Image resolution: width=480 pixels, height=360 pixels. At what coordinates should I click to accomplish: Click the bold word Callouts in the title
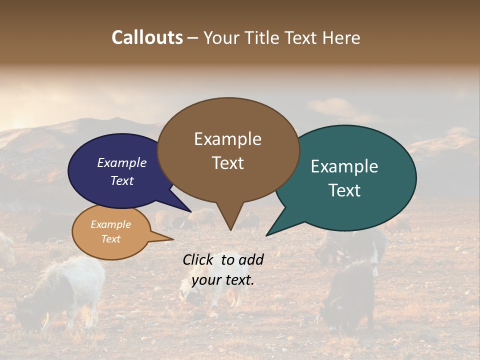click(147, 37)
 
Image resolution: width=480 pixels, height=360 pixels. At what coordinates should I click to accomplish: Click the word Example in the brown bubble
click(227, 139)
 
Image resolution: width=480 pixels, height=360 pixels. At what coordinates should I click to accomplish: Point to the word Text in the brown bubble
click(227, 163)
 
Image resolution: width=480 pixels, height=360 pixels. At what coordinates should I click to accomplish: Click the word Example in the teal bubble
click(344, 166)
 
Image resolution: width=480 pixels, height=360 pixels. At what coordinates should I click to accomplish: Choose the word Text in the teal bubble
click(344, 190)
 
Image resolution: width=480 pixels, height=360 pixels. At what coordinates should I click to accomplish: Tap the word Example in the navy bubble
click(122, 162)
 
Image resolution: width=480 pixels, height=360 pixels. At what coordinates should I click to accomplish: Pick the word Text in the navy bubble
click(122, 180)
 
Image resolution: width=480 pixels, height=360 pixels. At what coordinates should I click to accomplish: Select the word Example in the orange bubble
click(110, 224)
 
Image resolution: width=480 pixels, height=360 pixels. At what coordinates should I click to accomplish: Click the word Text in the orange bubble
click(110, 239)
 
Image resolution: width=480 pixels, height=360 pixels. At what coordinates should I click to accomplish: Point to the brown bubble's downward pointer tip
click(230, 229)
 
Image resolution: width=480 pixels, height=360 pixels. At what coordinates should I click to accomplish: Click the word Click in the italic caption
click(198, 259)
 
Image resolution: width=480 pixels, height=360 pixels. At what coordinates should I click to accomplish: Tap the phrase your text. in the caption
click(223, 280)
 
